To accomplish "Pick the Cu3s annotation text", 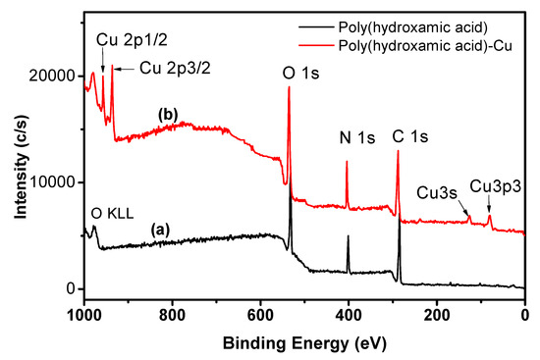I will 437,191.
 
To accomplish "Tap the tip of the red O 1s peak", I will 289,87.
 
